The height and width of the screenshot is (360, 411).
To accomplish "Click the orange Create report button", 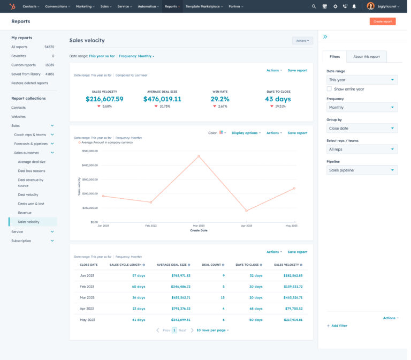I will [x=382, y=21].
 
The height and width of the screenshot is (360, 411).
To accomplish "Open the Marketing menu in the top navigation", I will [x=85, y=6].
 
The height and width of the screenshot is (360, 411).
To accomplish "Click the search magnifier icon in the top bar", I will [x=314, y=6].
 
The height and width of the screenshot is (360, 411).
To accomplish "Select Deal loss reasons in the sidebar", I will [x=32, y=171].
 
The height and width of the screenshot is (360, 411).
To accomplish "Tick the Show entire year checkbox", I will [x=330, y=89].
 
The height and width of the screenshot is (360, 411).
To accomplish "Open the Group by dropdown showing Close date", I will [x=362, y=129].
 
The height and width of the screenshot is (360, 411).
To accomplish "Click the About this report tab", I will [x=366, y=57].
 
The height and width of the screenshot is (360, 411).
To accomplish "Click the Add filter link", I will [x=338, y=326].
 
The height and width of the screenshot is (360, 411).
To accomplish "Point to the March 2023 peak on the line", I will [x=199, y=156].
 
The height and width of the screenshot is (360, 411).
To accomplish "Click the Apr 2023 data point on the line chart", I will [x=246, y=211].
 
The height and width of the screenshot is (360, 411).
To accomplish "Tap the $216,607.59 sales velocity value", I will [x=104, y=99].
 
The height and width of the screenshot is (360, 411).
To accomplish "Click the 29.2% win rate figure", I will [x=220, y=99].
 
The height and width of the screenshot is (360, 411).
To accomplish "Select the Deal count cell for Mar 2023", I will [x=222, y=297].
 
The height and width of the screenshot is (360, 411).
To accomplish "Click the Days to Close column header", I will [x=248, y=265].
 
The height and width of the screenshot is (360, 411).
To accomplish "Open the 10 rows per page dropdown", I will [x=212, y=331].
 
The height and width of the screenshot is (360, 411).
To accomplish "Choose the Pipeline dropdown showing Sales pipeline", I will [x=362, y=170].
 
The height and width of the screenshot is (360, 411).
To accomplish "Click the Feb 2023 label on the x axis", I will [x=150, y=226].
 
